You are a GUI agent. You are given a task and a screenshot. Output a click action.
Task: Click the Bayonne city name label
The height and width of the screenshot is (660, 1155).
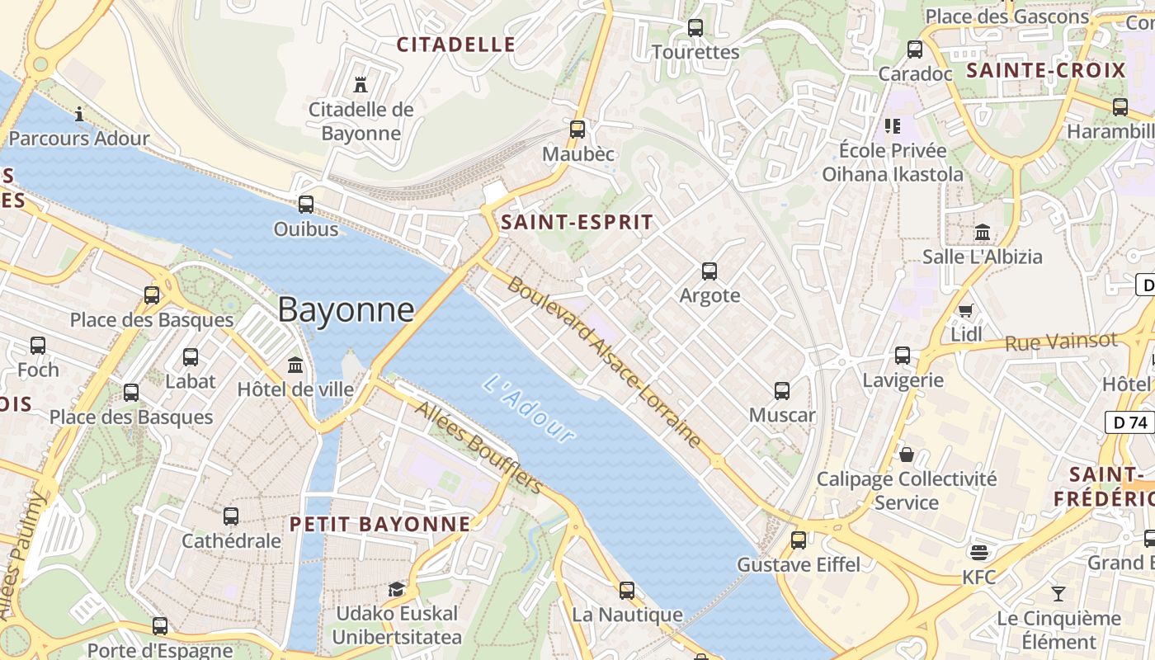tap(346, 309)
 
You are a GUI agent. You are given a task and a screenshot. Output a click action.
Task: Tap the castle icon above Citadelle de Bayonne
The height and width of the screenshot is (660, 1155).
tap(360, 84)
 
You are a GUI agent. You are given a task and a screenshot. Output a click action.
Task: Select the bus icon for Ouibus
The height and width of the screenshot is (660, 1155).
tap(306, 204)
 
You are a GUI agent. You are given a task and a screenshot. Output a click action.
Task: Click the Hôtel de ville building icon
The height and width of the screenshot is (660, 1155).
tap(295, 365)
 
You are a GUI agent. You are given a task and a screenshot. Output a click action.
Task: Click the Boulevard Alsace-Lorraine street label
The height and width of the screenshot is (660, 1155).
tap(604, 362)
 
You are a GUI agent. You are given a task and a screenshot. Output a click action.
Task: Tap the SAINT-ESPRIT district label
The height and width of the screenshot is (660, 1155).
tap(577, 222)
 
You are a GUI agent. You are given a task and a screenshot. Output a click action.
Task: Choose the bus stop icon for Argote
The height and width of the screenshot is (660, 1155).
tap(709, 271)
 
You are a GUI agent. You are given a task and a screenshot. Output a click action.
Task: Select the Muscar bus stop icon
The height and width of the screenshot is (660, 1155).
tap(782, 391)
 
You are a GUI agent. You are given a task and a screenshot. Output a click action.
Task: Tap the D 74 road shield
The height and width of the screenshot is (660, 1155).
tap(1129, 422)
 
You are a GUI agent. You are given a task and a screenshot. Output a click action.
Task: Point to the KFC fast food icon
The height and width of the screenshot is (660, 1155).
tap(979, 552)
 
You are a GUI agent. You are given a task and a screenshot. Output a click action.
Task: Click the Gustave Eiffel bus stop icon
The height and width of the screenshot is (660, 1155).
tap(798, 540)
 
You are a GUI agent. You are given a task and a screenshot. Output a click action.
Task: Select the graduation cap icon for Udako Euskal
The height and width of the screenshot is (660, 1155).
tap(397, 589)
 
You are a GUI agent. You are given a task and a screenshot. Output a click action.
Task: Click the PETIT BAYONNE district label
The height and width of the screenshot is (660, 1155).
tap(380, 524)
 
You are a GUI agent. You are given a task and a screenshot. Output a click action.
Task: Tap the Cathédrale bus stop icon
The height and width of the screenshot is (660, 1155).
tap(231, 516)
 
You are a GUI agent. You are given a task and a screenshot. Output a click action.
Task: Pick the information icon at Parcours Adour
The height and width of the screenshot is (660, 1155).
tap(79, 114)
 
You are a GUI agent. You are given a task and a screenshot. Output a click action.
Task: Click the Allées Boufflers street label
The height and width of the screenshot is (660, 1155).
tap(478, 446)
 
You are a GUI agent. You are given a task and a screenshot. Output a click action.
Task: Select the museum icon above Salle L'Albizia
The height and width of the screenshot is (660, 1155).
tap(982, 232)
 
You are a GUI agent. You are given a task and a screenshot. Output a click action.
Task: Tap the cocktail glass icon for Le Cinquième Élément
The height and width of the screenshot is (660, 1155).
tap(1058, 593)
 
